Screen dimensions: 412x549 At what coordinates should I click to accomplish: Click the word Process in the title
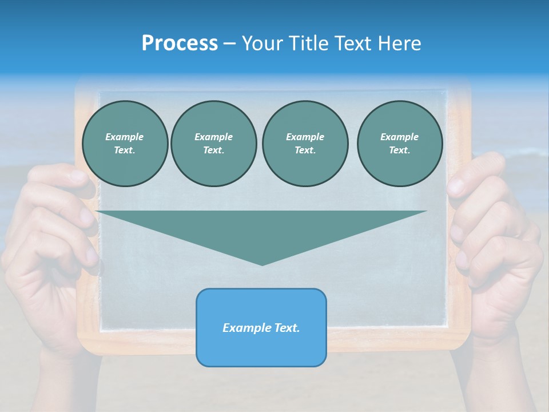[x=180, y=43]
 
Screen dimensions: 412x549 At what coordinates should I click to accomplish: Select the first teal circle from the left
[x=125, y=144]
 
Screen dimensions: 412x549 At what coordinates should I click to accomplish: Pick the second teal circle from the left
[x=214, y=144]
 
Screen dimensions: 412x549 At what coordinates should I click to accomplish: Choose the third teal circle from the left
[x=305, y=144]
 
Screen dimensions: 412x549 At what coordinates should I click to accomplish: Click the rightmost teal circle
[x=400, y=144]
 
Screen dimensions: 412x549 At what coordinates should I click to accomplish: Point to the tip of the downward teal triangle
[x=262, y=264]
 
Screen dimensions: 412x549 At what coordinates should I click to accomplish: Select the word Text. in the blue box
[x=288, y=328]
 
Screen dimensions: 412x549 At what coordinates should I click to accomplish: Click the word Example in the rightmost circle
[x=399, y=137]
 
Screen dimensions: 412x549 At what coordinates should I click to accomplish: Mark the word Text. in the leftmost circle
[x=125, y=150]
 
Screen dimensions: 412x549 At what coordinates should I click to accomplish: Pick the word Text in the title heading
[x=351, y=43]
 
